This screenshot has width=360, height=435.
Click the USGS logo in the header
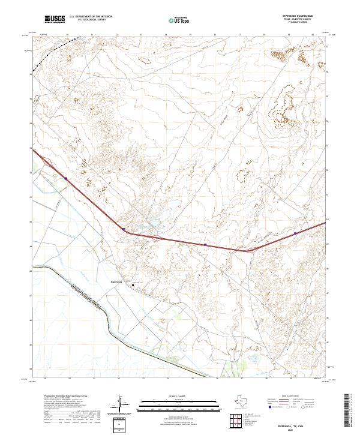pyautogui.click(x=54, y=20)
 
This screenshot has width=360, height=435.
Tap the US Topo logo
pyautogui.click(x=180, y=20)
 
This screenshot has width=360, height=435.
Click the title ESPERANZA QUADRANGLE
pyautogui.click(x=307, y=16)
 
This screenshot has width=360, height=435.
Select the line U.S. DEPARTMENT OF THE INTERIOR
pyautogui.click(x=91, y=17)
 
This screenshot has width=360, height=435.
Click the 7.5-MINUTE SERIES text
pyautogui.click(x=307, y=23)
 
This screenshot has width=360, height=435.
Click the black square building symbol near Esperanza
pyautogui.click(x=134, y=285)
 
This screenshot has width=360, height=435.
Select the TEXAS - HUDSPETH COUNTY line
pyautogui.click(x=307, y=20)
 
